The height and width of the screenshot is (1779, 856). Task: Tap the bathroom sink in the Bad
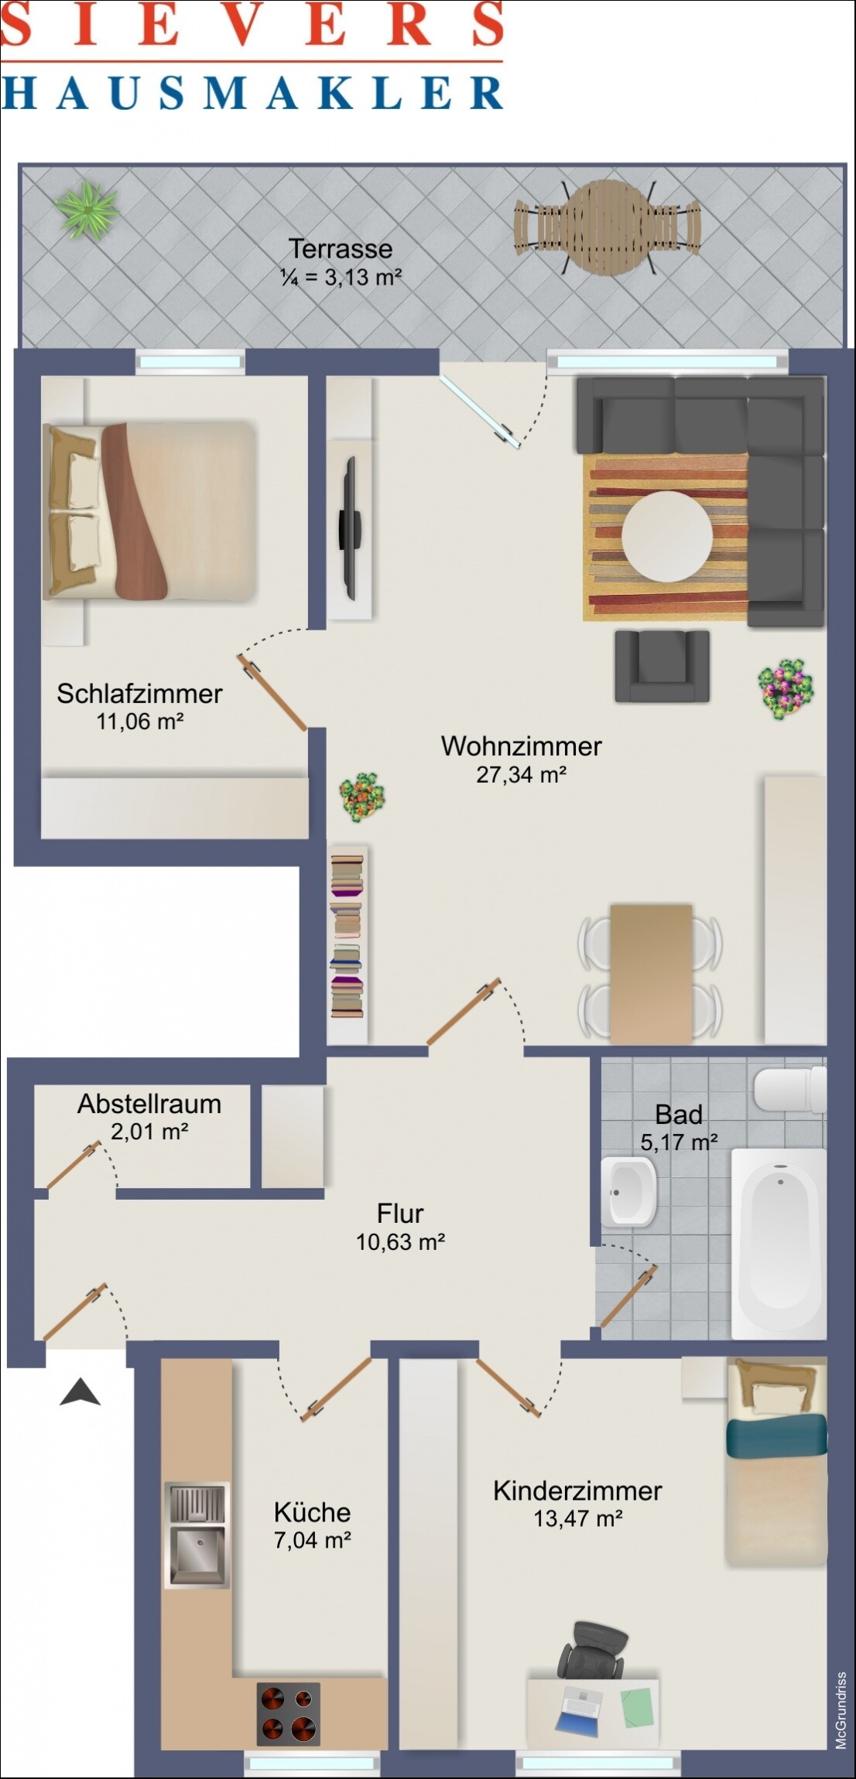coord(628,1191)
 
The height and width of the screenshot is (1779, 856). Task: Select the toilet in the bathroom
coord(789,1089)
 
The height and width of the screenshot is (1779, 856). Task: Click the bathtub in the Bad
coord(779,1244)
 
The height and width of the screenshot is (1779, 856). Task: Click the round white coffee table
coord(666,537)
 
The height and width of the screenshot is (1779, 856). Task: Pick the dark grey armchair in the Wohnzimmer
coord(663,666)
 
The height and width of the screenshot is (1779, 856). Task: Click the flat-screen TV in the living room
coord(349,528)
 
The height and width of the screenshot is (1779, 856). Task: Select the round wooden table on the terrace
coord(608,227)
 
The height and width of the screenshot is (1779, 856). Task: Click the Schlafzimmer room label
coord(139,693)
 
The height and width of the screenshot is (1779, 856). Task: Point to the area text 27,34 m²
coord(522,774)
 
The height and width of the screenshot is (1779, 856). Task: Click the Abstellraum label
coord(149,1104)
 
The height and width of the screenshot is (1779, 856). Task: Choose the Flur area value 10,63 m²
coord(400,1241)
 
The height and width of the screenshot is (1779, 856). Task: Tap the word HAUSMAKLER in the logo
coord(252,93)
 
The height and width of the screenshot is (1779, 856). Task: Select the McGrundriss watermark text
coord(841,1710)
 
